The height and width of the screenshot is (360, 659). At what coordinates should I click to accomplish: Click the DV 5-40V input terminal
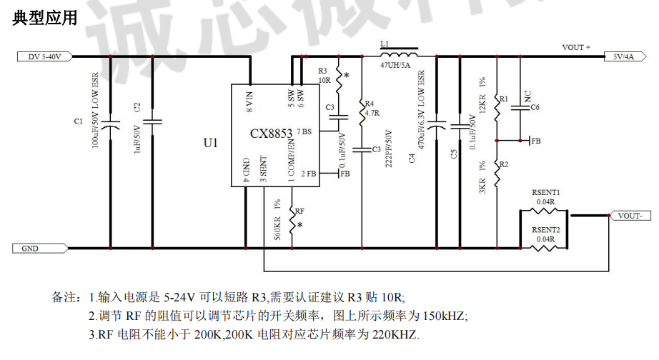[44, 56]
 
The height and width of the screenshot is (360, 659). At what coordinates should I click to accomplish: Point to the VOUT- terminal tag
[629, 215]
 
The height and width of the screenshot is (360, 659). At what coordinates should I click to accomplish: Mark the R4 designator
[370, 104]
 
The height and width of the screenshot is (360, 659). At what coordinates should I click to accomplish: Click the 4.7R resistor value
[371, 113]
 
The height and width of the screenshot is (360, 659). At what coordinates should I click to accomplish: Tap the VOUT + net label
[576, 48]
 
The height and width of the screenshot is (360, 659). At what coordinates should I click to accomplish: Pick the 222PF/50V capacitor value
[389, 148]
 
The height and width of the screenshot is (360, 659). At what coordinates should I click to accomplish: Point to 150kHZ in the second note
[447, 316]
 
